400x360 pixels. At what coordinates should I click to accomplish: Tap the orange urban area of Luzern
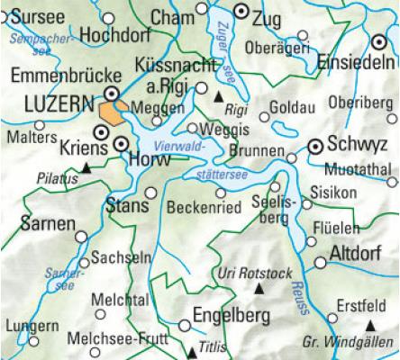coord(112,112)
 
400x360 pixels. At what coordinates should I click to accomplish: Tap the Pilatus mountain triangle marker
coord(85,166)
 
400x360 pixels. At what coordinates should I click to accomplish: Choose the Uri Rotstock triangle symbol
coord(259,288)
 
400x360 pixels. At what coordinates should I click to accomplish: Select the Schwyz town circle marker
coord(315,145)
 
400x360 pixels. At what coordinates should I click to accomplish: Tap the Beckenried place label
coord(204,208)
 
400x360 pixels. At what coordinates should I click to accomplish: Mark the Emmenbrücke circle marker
coord(111,92)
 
